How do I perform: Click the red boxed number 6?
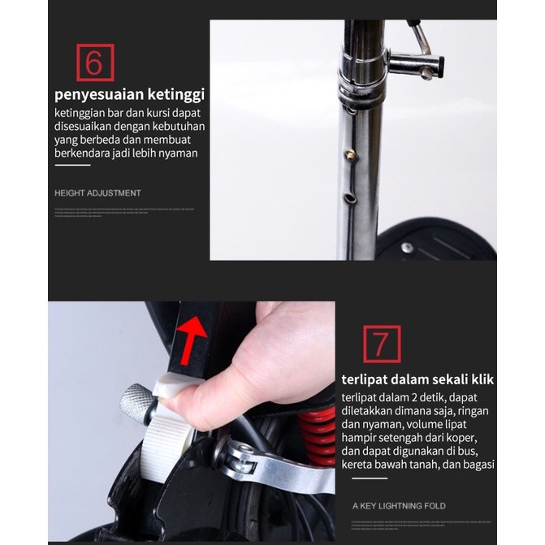(x=95, y=63)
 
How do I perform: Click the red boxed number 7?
(x=381, y=344)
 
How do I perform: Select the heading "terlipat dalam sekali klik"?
(x=417, y=379)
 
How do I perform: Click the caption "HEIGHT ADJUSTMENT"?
(x=97, y=193)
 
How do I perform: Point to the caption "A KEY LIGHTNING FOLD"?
(x=399, y=506)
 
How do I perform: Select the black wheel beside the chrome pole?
(x=439, y=240)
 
